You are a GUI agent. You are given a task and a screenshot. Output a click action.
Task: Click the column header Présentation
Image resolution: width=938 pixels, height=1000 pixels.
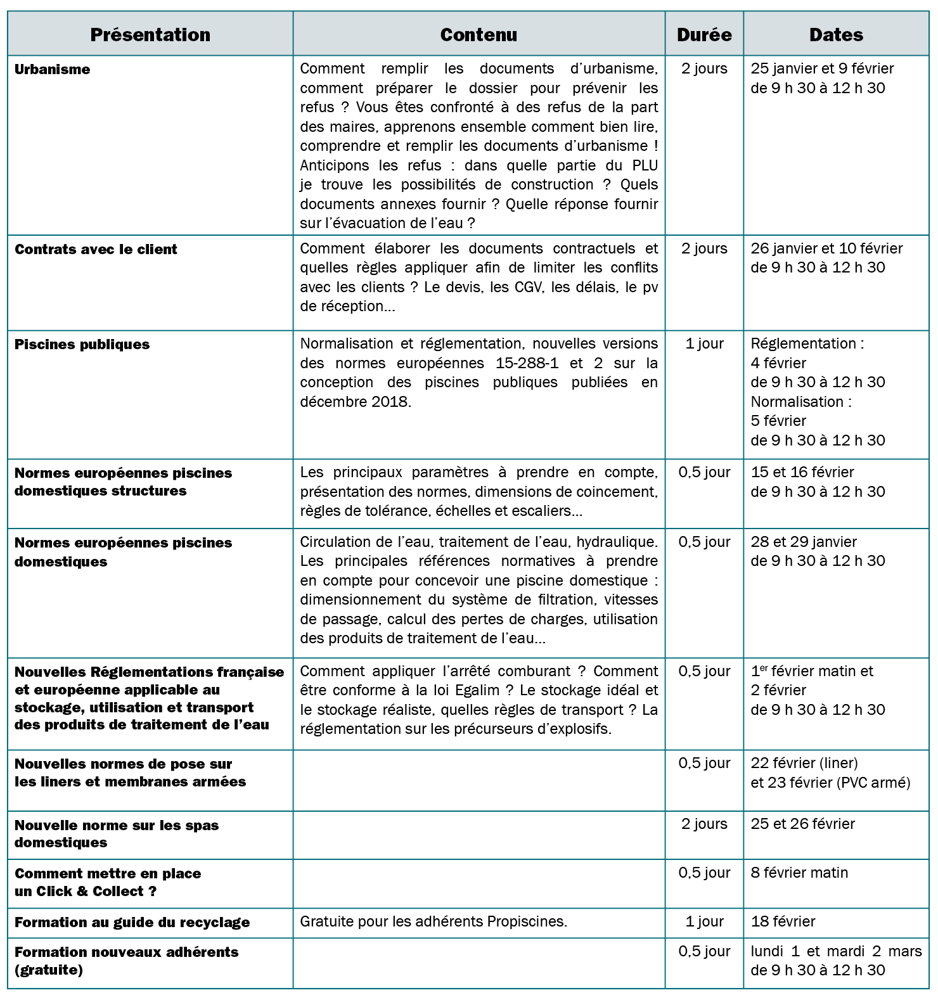[x=150, y=35]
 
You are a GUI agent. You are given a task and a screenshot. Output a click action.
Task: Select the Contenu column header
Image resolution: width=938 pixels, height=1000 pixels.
[x=479, y=35]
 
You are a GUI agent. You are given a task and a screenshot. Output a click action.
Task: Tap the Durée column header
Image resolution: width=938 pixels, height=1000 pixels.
[x=704, y=35]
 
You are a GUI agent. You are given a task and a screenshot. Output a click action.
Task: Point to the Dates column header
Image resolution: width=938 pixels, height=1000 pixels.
[x=836, y=35]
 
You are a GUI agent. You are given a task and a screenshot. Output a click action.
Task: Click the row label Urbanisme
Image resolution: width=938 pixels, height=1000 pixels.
[x=52, y=70]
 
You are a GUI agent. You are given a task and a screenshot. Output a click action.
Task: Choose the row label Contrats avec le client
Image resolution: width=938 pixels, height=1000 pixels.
[x=96, y=250]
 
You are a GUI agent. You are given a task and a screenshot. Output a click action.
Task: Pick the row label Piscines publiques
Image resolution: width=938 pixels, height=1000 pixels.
[x=82, y=345]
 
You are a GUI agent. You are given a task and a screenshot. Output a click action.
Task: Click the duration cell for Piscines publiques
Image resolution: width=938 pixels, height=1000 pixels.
[x=704, y=344]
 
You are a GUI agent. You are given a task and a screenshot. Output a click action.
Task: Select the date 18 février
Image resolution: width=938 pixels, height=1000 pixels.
[x=783, y=921]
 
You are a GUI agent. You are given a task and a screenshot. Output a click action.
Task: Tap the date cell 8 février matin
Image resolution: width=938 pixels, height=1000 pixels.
[x=799, y=873]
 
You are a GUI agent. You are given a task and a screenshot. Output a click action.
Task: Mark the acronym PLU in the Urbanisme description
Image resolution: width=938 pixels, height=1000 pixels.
[x=645, y=166]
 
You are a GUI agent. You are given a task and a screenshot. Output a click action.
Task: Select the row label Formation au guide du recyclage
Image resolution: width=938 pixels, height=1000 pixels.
[x=132, y=923]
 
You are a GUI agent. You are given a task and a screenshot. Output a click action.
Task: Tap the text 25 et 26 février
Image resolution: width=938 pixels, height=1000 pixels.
[x=802, y=824]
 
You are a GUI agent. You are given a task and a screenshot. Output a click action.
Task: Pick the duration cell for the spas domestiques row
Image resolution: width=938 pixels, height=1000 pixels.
[x=704, y=824]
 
